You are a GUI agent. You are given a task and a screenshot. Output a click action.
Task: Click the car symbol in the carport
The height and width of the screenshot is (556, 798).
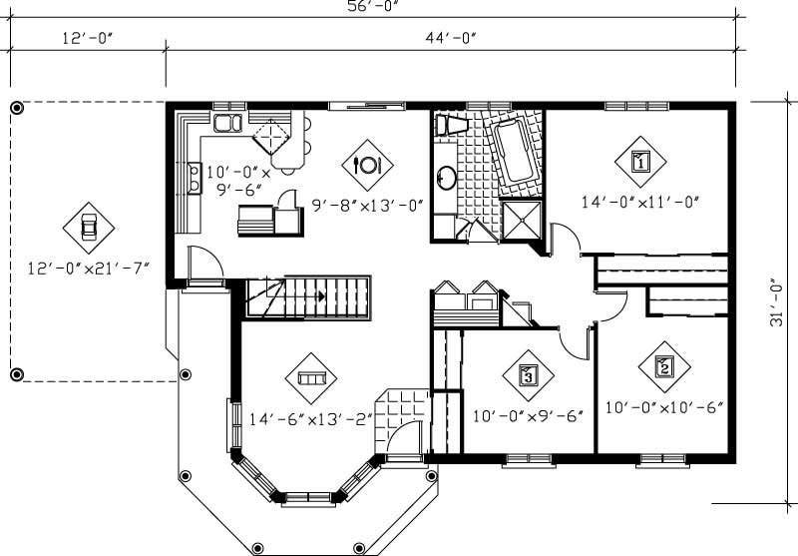click(89, 227)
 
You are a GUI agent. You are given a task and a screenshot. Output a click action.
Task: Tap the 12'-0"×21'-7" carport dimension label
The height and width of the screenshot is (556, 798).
click(89, 268)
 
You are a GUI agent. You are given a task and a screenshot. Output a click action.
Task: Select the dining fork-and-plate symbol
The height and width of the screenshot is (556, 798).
click(367, 164)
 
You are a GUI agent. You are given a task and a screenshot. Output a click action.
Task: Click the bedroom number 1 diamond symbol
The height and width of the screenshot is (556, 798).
click(640, 160)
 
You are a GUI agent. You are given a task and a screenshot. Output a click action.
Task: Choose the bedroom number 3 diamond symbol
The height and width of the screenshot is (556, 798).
click(529, 374)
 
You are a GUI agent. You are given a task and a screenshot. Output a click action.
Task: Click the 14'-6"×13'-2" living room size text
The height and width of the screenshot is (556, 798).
click(310, 419)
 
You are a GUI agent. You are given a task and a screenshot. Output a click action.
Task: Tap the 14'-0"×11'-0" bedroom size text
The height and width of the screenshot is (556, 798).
click(640, 201)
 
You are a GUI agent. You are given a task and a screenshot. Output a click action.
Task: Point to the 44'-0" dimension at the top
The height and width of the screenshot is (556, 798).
click(451, 39)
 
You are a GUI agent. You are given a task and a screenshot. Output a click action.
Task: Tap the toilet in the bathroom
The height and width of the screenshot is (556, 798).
click(452, 126)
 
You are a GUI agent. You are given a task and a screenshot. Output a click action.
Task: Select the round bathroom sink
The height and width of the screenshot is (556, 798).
click(447, 179)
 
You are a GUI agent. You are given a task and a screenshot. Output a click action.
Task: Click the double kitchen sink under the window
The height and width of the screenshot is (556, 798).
click(227, 124)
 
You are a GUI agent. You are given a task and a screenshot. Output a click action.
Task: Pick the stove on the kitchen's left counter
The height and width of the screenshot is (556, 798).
click(191, 178)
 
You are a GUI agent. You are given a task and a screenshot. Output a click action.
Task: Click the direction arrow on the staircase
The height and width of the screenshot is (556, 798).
click(320, 296)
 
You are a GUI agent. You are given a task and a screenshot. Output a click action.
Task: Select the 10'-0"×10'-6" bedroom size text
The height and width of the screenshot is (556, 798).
click(663, 407)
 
